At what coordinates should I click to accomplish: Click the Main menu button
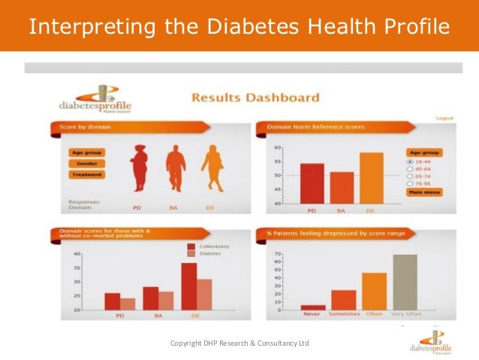[x=425, y=192]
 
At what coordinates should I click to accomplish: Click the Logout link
[x=444, y=118]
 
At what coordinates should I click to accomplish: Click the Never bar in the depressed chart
[x=313, y=307]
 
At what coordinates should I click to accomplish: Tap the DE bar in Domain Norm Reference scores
[x=371, y=177]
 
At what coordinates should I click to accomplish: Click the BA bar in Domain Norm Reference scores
[x=342, y=187]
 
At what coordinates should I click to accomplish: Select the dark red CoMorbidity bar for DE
[x=188, y=286]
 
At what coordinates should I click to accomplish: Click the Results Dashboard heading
[x=255, y=98]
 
